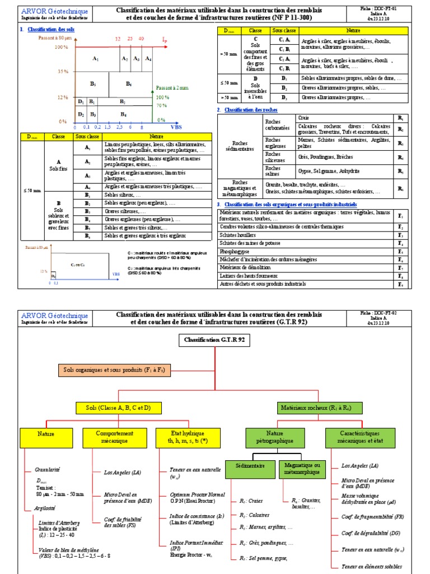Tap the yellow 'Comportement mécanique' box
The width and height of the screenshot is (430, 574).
pyautogui.click(x=114, y=437)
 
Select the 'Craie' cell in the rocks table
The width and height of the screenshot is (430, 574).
pyautogui.click(x=345, y=118)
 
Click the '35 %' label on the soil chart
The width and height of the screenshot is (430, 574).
pyautogui.click(x=62, y=72)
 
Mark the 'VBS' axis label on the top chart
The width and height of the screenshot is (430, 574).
pyautogui.click(x=176, y=128)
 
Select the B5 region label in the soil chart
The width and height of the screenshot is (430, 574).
pyautogui.click(x=93, y=84)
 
